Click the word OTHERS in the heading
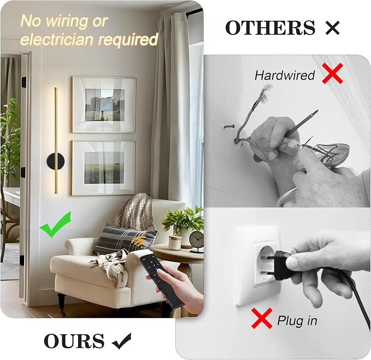pos(270,27)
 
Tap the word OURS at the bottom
pos(74,341)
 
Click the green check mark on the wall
pos(55,224)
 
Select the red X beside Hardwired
pos(332,73)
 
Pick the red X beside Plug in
pos(262,318)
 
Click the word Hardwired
pos(285,75)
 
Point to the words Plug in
pos(297,321)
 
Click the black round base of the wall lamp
pos(55,161)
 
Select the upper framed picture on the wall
pos(104,104)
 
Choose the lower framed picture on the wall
pos(104,168)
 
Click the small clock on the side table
pos(196,241)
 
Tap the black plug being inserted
pos(279,265)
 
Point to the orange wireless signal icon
pos(140,242)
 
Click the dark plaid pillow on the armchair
pos(125,239)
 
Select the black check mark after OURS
pos(121,341)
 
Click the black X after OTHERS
pos(332,28)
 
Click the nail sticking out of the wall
pos(229,127)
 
